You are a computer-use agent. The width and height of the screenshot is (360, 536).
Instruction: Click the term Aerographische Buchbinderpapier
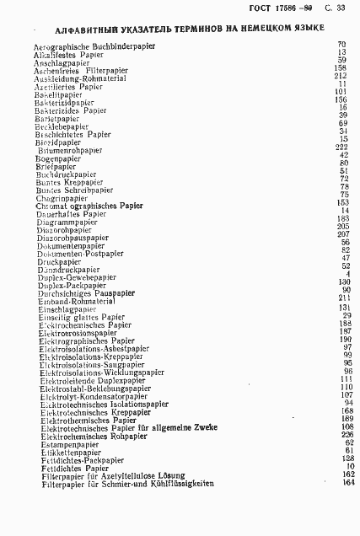point(99,44)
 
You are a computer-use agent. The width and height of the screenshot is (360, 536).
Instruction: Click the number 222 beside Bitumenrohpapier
point(341,147)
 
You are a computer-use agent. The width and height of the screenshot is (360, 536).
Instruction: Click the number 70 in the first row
point(342,44)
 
